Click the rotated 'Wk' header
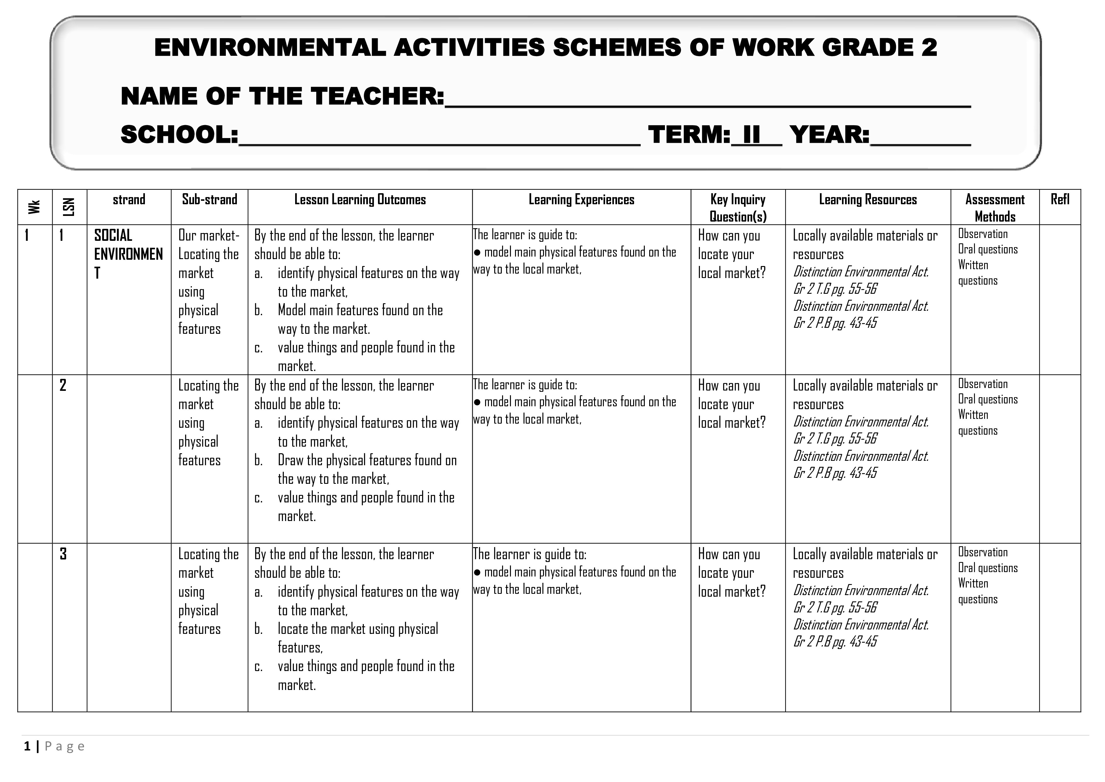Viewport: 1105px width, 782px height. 34,207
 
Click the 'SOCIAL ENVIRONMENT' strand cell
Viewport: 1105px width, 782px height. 128,254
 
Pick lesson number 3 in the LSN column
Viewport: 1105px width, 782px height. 63,554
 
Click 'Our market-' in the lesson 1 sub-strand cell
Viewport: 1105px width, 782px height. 209,235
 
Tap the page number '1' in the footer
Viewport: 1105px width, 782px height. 27,746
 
